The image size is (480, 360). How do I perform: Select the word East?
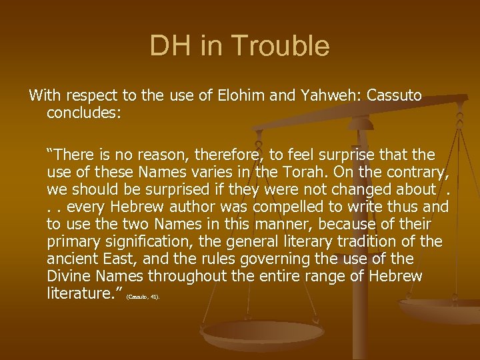point(119,259)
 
